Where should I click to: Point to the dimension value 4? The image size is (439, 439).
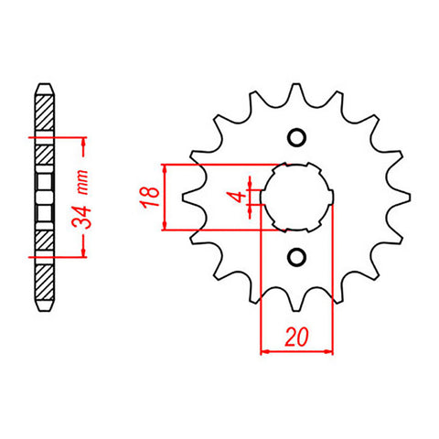(x=237, y=197)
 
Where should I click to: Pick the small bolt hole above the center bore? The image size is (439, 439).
(x=295, y=139)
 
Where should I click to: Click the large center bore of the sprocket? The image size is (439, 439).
(x=295, y=197)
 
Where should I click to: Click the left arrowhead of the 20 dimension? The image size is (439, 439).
(x=266, y=351)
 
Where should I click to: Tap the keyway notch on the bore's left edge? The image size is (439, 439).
(x=262, y=197)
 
